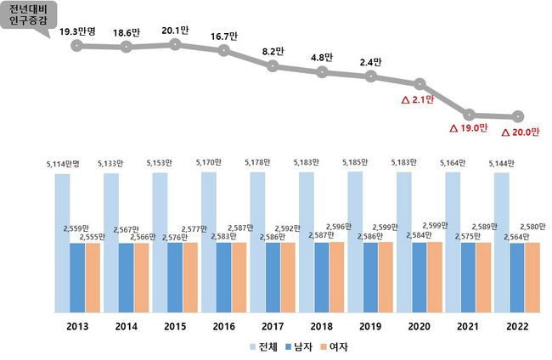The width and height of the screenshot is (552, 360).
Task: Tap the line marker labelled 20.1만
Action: coord(175,43)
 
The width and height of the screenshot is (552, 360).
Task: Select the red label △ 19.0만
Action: coord(469,128)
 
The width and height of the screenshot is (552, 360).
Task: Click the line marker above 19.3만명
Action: coord(77,46)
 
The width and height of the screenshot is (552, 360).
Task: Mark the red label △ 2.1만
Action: coord(417,99)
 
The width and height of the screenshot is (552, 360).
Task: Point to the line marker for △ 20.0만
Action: coord(517,116)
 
